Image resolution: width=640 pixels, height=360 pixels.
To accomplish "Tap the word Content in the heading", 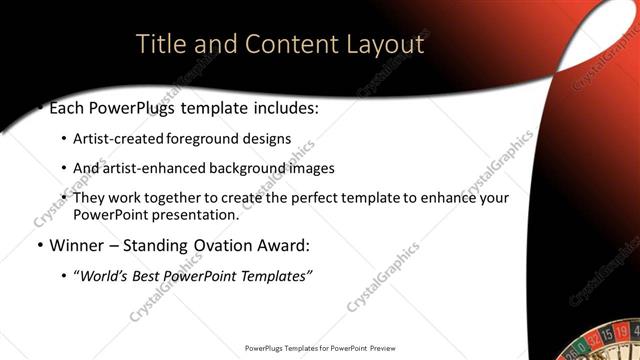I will tap(280, 45).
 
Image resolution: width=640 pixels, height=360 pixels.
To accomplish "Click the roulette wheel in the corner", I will tap(601, 346).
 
